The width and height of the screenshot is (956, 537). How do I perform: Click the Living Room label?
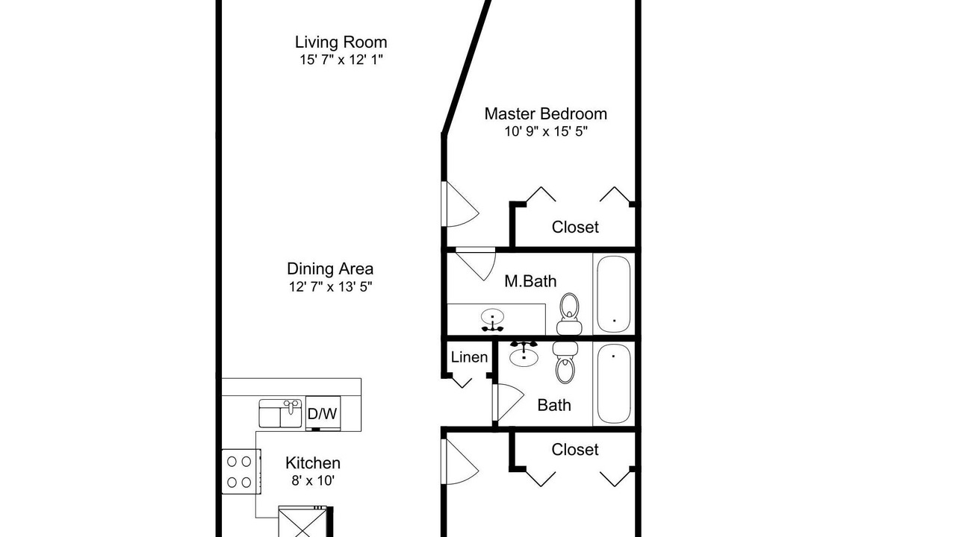click(x=341, y=43)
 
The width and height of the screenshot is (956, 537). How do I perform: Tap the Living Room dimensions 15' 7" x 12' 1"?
click(x=341, y=60)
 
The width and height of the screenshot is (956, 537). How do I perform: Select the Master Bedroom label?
click(x=545, y=114)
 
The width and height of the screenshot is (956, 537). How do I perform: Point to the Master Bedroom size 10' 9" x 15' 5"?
click(x=546, y=131)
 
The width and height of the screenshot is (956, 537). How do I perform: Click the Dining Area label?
click(x=330, y=269)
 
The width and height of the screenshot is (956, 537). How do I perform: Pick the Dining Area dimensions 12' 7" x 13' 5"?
click(x=330, y=287)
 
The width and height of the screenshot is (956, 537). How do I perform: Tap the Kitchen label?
click(x=313, y=463)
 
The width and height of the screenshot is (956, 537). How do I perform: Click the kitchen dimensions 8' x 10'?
click(x=313, y=481)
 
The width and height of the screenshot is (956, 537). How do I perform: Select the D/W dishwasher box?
click(x=323, y=413)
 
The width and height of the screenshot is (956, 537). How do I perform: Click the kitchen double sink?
click(x=280, y=413)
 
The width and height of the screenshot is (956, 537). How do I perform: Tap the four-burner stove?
click(x=241, y=472)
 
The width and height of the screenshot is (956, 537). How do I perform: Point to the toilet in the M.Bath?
click(x=569, y=314)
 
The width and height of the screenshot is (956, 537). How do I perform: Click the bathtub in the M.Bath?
click(x=614, y=294)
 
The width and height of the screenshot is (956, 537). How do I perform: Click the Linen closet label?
click(x=469, y=357)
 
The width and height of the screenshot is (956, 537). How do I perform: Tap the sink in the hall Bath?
click(x=524, y=354)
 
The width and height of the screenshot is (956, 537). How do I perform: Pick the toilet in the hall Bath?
click(x=565, y=362)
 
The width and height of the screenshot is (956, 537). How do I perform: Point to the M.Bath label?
click(x=530, y=281)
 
